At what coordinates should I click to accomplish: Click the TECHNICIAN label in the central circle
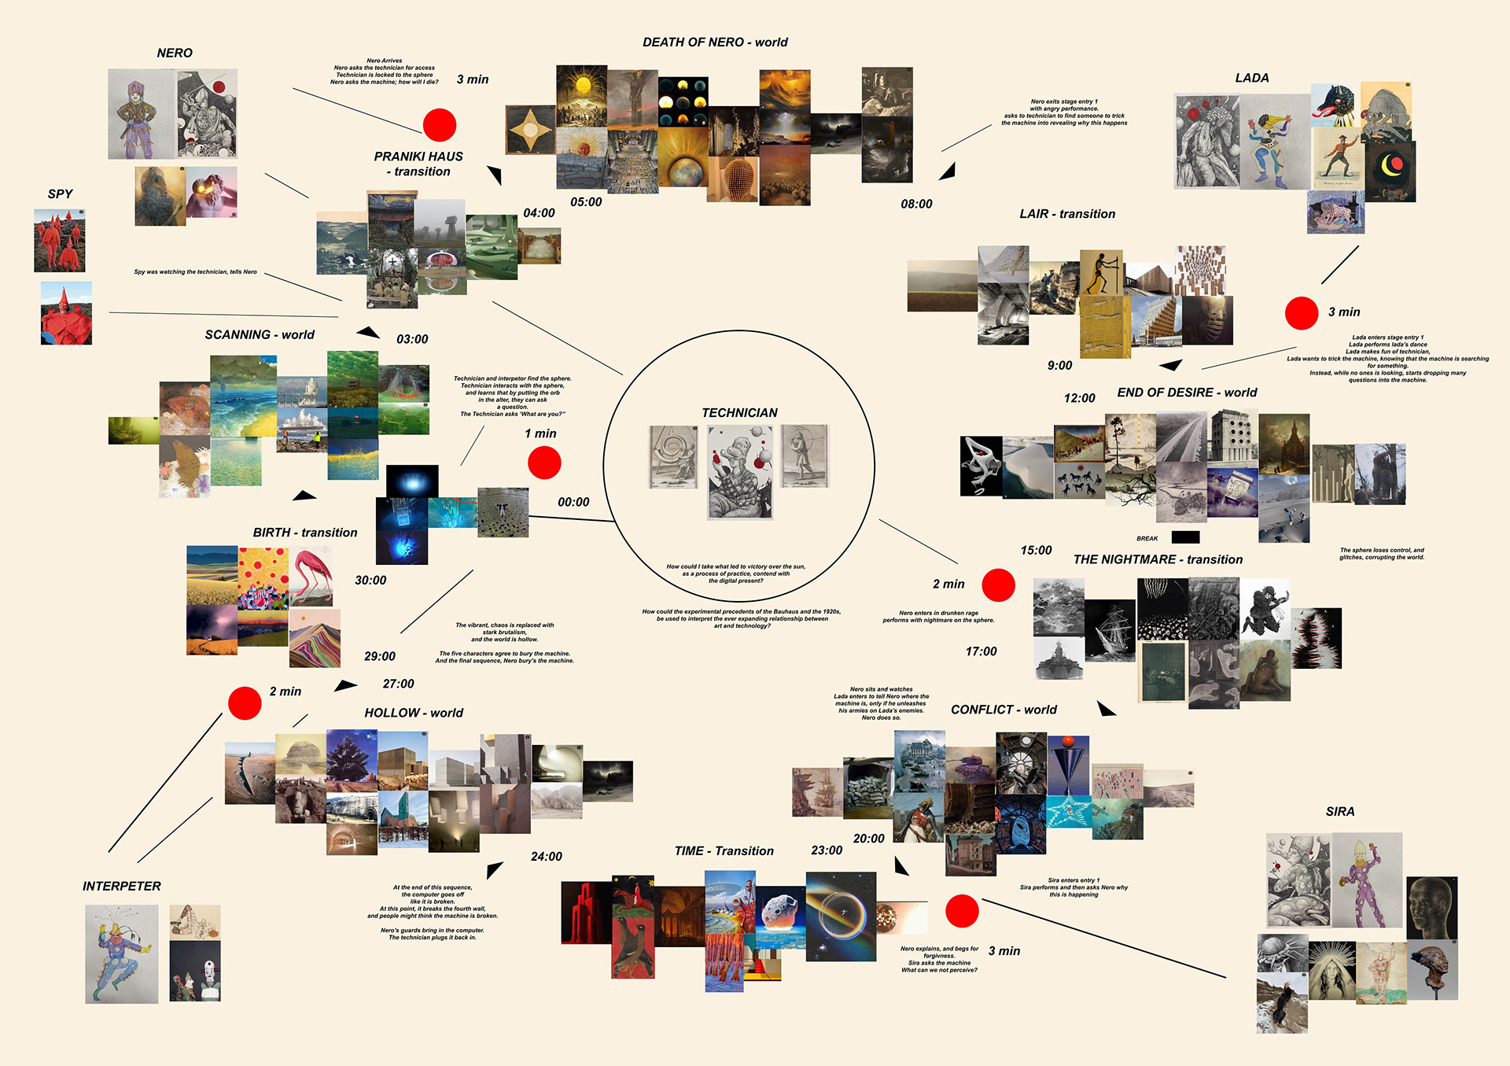tap(739, 413)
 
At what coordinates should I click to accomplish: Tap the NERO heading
tap(175, 53)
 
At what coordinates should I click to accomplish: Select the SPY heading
tap(60, 194)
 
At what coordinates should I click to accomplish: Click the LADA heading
tap(1251, 79)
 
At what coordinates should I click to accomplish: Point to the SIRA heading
tap(1339, 812)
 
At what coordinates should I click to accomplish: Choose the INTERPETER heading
tap(122, 887)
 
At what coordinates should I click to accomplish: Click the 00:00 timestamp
tap(573, 503)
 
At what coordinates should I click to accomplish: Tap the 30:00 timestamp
tap(370, 581)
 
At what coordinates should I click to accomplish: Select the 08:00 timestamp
tap(916, 205)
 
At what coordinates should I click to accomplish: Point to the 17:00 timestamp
tap(981, 652)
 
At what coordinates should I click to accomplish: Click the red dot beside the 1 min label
tap(544, 463)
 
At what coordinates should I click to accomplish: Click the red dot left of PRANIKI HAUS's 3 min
tap(440, 125)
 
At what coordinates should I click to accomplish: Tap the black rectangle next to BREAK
tap(1185, 537)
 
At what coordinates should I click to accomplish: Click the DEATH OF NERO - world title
tap(715, 42)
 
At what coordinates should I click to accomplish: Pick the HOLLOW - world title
tap(414, 714)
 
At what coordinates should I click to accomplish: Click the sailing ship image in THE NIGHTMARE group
tap(1110, 629)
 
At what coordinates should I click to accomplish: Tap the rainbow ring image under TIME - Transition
tap(841, 916)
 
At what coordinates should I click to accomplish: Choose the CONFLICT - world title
tap(1004, 710)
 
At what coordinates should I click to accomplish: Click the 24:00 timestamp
tap(546, 857)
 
